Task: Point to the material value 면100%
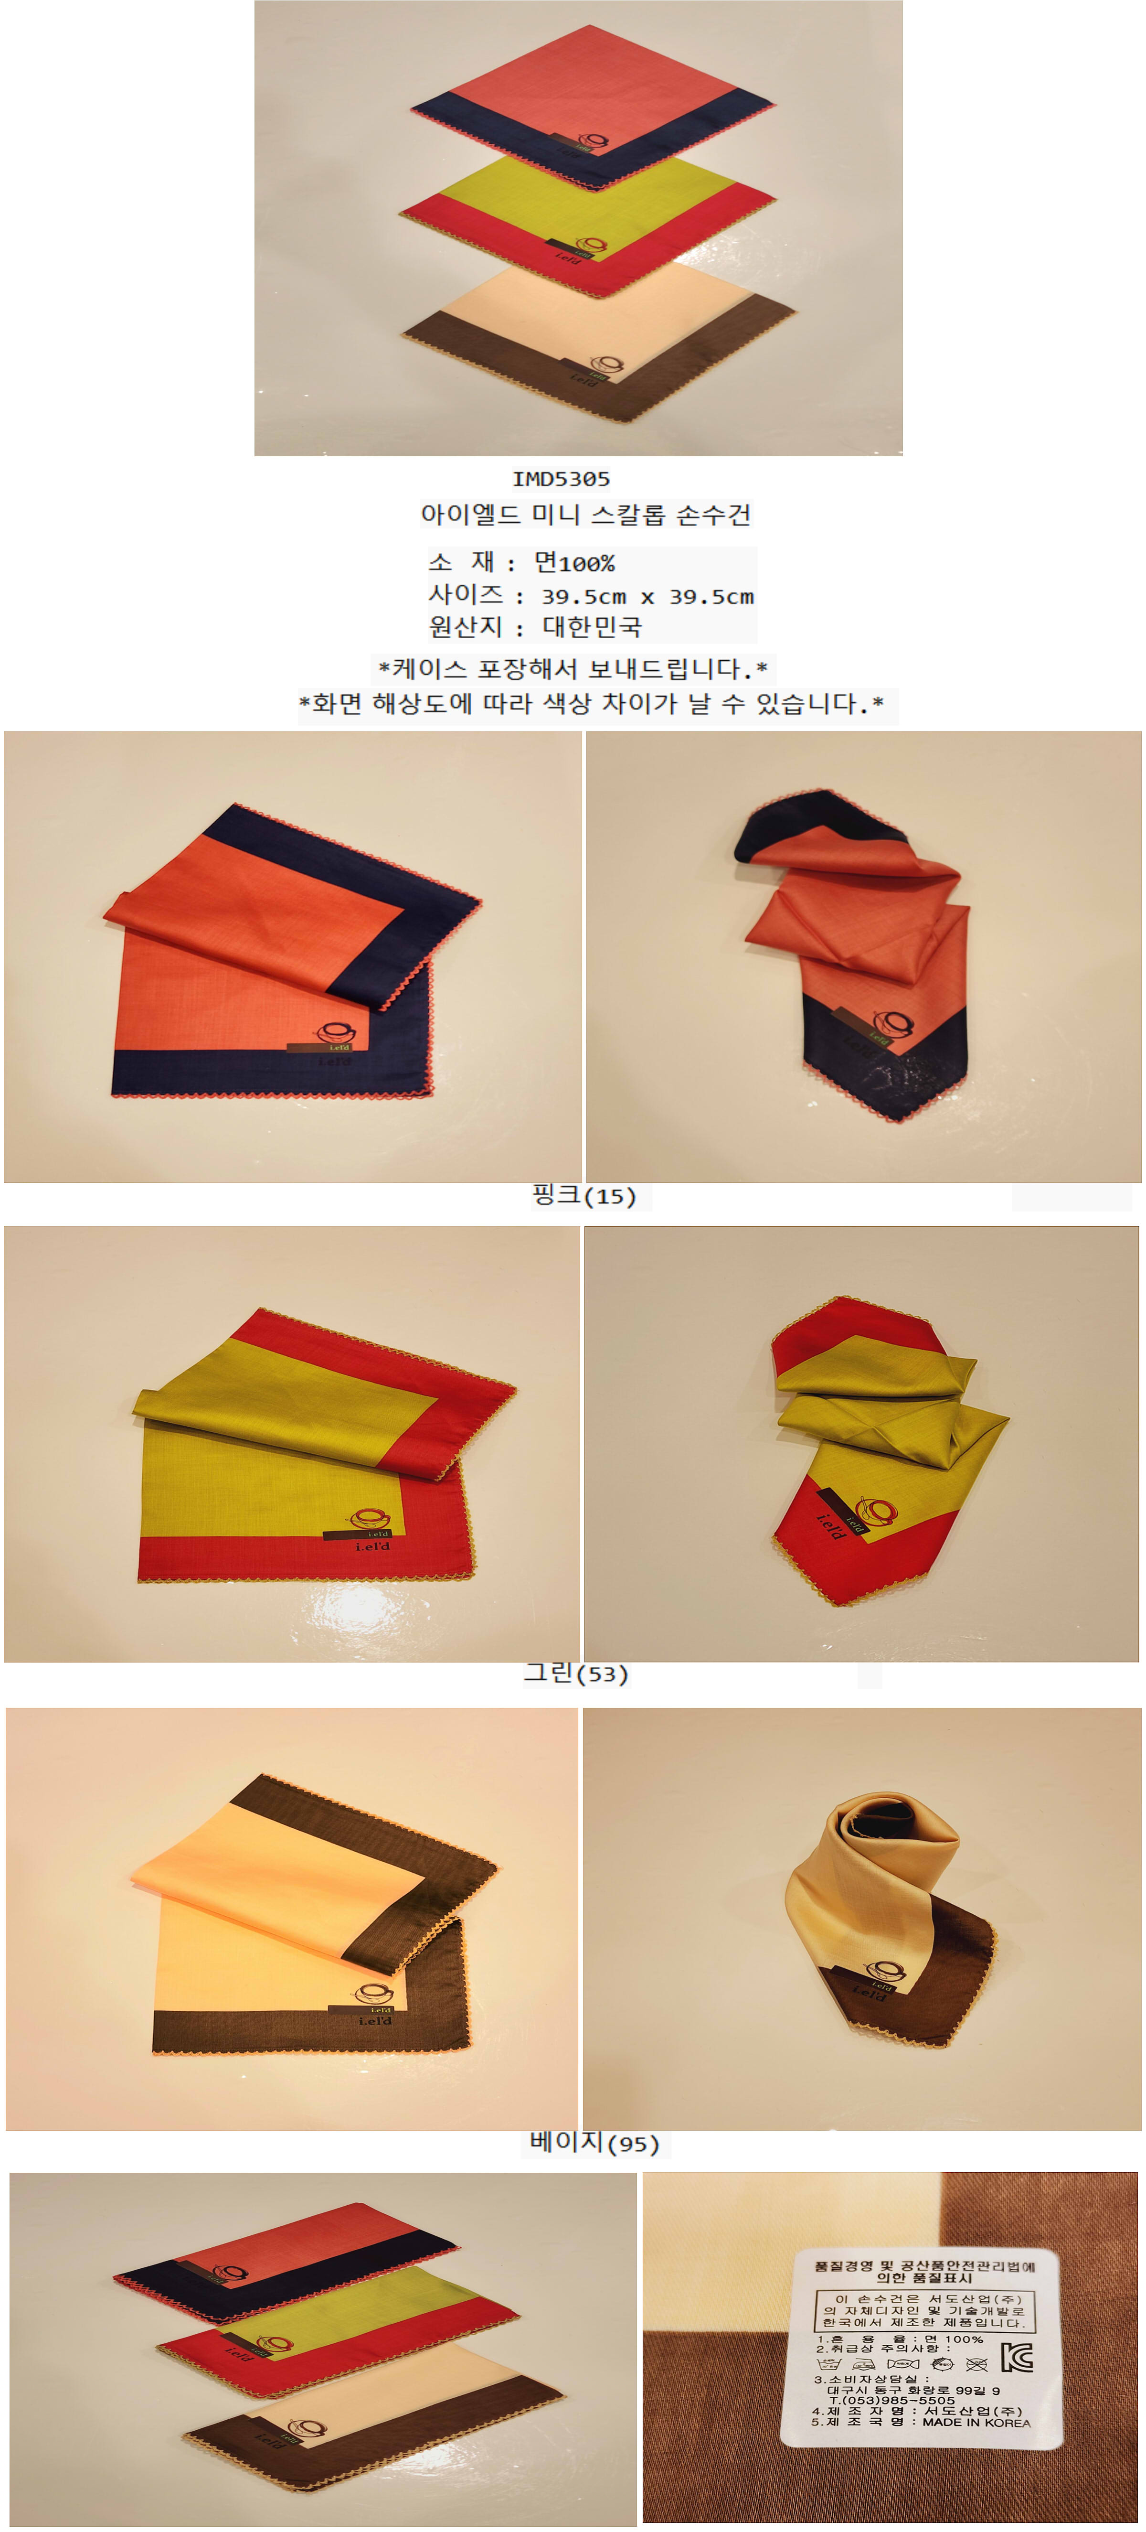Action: [x=575, y=563]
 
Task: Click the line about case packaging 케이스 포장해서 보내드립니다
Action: [x=572, y=669]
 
